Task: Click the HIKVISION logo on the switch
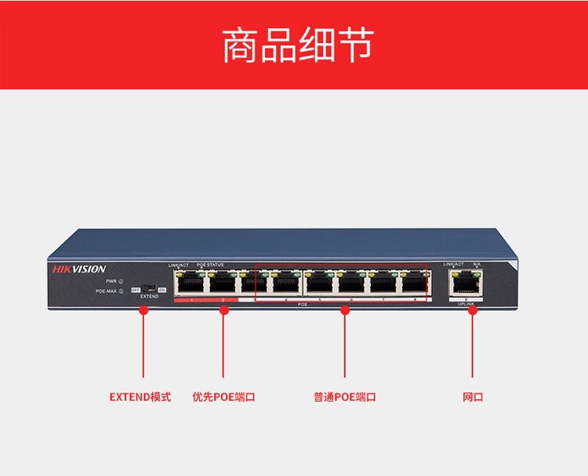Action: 79,269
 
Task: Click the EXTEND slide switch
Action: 148,290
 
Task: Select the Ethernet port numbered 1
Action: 189,284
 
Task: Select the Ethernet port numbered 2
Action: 222,284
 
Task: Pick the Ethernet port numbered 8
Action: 413,284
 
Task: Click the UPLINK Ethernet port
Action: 465,282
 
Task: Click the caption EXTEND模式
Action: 140,397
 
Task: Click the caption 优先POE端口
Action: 224,397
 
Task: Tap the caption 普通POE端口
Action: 345,397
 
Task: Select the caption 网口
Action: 473,397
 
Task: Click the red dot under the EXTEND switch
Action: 143,311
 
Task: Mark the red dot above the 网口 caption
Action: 473,311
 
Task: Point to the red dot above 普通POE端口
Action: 345,311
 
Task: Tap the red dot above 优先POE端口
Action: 224,311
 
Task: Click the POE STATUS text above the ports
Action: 210,265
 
